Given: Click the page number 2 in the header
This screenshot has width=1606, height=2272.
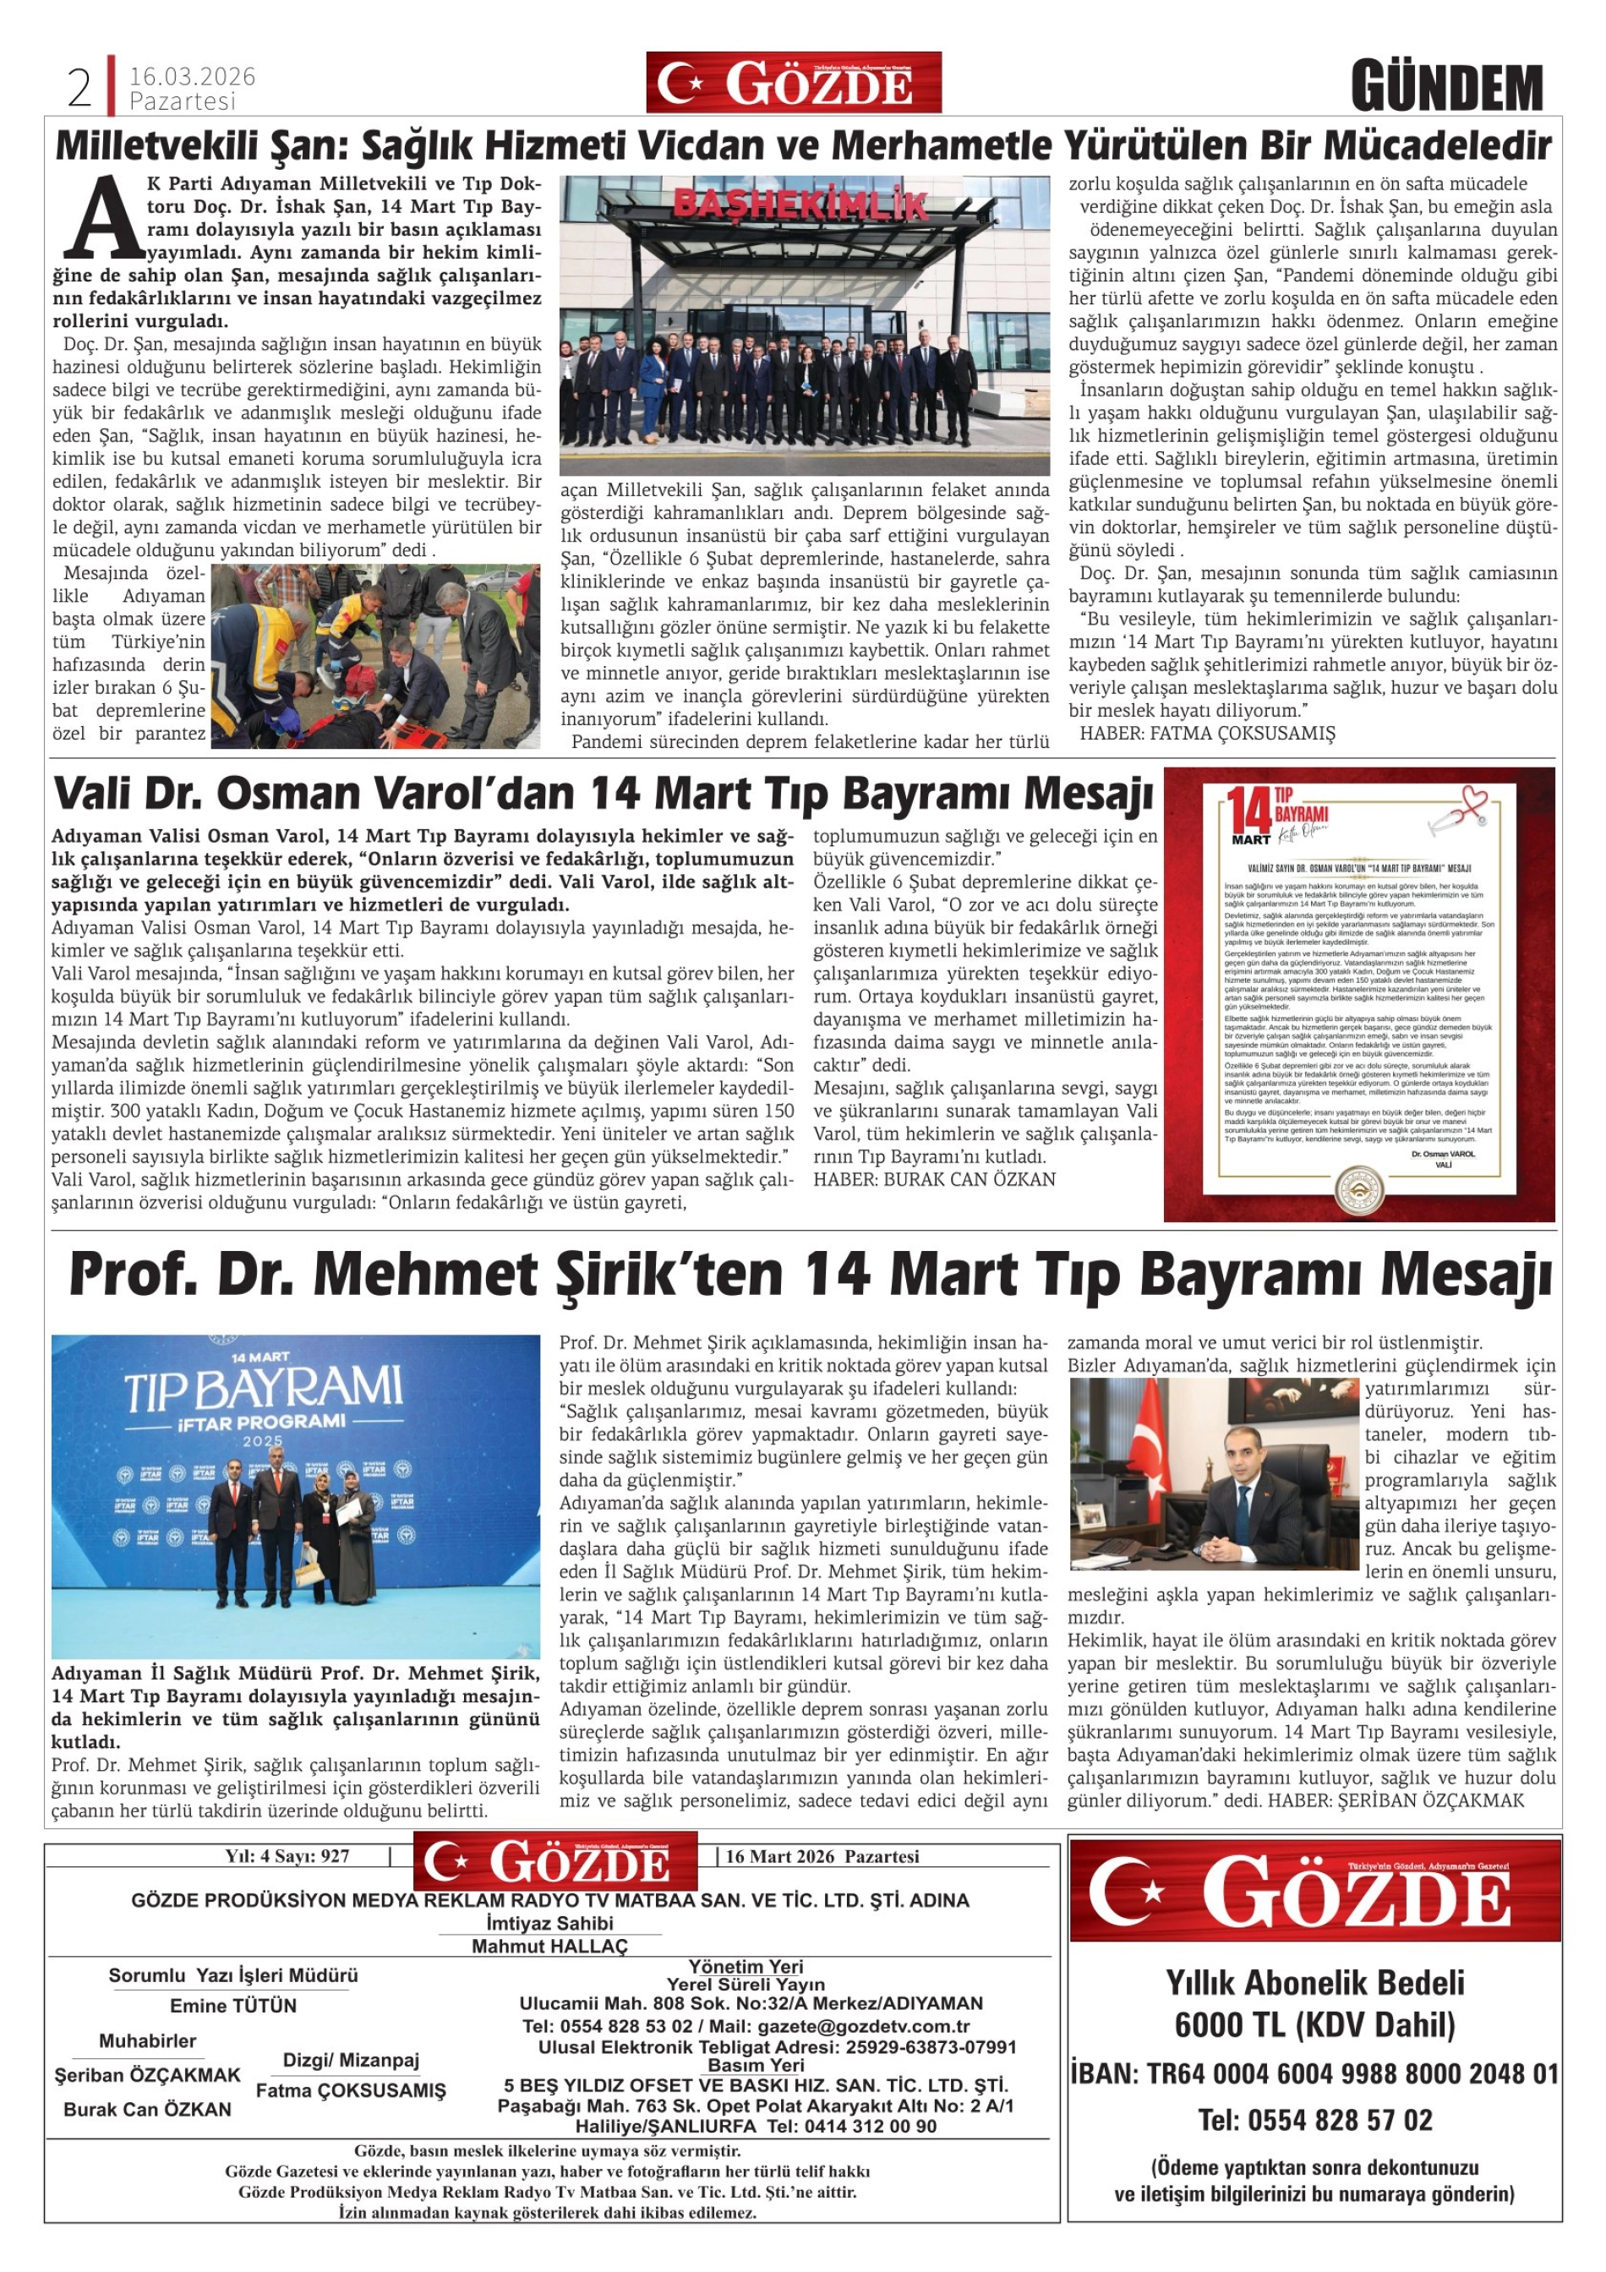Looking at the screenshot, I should click(79, 89).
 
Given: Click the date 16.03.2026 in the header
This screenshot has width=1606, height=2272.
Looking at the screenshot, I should click(192, 76).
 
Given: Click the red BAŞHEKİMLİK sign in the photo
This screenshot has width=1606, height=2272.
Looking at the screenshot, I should click(800, 205).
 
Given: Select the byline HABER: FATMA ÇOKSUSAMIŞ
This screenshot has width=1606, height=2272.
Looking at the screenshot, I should click(1206, 734).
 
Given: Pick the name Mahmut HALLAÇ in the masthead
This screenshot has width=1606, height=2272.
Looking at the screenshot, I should click(549, 1942).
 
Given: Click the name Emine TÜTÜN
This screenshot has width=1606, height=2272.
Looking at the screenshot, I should click(233, 2006).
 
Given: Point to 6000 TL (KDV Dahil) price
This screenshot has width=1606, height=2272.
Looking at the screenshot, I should click(1314, 2024).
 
